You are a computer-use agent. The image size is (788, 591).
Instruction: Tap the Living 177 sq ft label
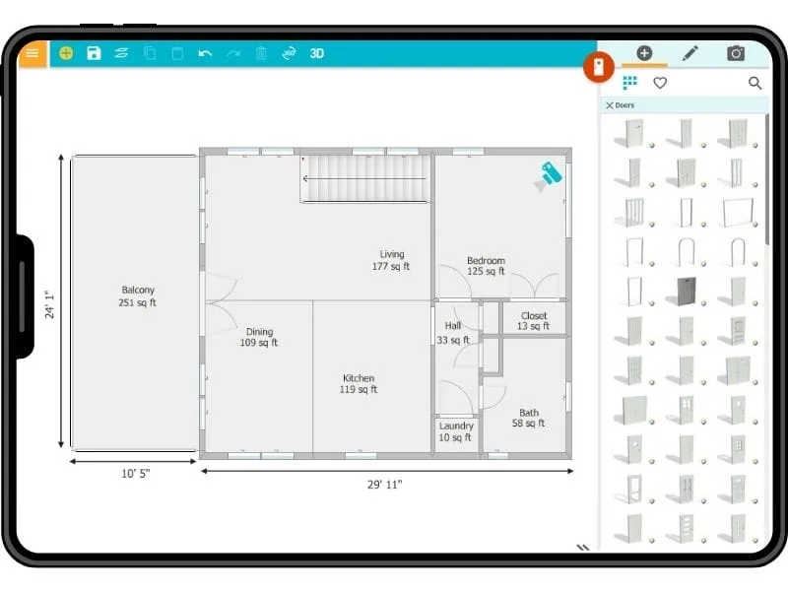[392, 260]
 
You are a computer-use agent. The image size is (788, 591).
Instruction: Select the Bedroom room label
[486, 266]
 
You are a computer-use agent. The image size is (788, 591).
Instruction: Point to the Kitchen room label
[359, 384]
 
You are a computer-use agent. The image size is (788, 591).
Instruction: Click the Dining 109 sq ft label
[259, 338]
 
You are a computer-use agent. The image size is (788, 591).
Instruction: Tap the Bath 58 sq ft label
[529, 418]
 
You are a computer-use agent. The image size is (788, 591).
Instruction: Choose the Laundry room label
[456, 431]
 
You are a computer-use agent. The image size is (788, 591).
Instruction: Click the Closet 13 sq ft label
[534, 321]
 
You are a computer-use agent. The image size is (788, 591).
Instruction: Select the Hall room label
[453, 332]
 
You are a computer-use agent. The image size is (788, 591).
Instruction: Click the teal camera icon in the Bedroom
[548, 175]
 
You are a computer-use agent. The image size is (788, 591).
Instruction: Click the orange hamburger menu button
[33, 53]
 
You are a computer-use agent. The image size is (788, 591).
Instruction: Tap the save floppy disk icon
[94, 53]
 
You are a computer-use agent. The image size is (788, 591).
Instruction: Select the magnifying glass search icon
[755, 83]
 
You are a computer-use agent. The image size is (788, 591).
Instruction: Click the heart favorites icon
[660, 83]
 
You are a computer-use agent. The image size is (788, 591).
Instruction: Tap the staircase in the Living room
[365, 178]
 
